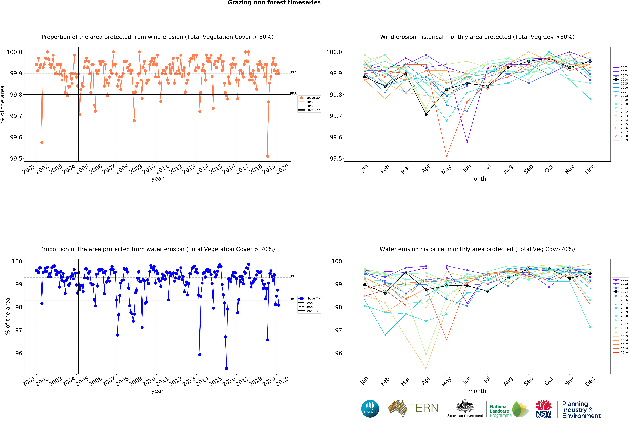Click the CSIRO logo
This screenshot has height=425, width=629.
370,408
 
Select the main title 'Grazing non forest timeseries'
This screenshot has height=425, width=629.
274,3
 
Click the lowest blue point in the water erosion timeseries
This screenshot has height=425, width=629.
226,368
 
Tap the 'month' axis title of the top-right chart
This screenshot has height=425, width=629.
477,179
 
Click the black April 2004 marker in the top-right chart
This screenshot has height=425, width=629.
426,114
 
